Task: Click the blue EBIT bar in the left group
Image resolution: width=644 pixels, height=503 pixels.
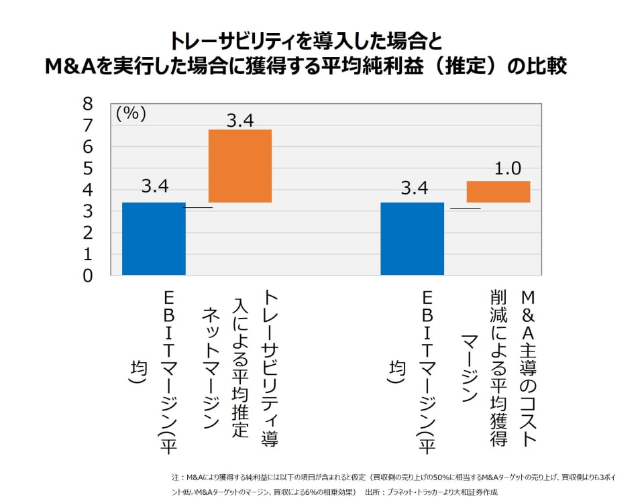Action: pos(154,238)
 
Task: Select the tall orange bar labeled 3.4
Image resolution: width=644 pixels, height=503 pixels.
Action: pos(239,166)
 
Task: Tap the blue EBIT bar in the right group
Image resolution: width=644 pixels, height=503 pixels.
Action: pos(412,238)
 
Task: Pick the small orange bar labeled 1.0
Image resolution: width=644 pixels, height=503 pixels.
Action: pos(498,192)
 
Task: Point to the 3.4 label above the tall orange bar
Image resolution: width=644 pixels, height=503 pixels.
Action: pos(239,121)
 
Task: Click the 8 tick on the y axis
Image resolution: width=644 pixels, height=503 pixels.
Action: pos(88,104)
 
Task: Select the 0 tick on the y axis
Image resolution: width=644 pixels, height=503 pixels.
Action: pos(88,275)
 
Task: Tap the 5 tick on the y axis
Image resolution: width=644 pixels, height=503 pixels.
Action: pos(88,168)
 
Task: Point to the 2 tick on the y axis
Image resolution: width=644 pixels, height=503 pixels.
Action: pos(88,233)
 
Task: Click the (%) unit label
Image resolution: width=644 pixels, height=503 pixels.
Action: pos(131,113)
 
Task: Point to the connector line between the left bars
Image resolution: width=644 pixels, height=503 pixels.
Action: pos(198,208)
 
